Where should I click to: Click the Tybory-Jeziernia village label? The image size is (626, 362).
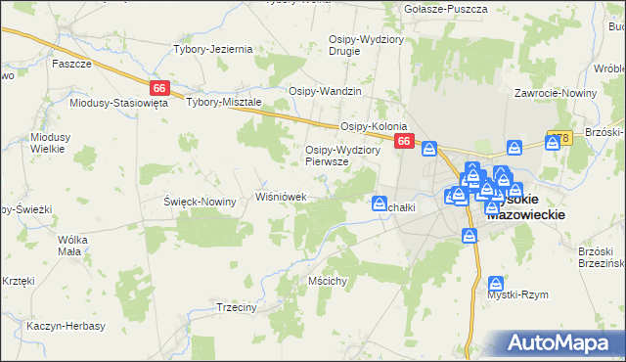point(213,49)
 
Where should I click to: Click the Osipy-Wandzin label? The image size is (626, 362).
point(325,91)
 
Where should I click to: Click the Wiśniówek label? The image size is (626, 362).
point(282,197)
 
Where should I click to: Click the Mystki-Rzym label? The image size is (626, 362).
point(517,294)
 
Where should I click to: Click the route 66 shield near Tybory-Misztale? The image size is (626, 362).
point(159,87)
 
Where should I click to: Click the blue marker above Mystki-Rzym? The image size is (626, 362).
point(497,283)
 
